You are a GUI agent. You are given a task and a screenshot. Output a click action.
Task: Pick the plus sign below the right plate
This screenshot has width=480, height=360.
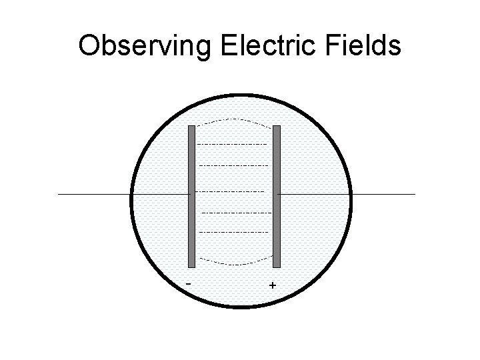[272, 286]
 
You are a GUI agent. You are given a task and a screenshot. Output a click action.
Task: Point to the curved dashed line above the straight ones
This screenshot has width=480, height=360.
[234, 121]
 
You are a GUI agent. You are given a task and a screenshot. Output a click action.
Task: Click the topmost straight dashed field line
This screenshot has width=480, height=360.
[233, 144]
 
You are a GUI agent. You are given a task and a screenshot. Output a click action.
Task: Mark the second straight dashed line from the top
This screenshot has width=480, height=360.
[233, 165]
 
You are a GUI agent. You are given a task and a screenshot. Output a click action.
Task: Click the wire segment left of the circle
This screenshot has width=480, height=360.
[93, 194]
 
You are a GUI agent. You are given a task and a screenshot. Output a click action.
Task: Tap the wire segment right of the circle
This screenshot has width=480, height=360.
[383, 194]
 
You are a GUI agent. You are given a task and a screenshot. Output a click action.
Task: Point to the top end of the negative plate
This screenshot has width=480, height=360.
[191, 127]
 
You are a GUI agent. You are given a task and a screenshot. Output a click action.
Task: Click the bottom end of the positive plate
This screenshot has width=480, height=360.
[277, 265]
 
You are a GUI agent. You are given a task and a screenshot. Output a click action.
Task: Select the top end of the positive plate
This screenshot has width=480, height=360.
[277, 127]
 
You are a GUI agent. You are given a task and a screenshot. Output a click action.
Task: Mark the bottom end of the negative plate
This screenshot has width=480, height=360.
[191, 265]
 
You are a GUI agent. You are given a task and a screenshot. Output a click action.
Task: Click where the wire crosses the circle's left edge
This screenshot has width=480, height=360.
[131, 194]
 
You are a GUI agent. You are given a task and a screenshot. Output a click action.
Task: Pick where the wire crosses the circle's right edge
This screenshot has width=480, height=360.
[351, 194]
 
